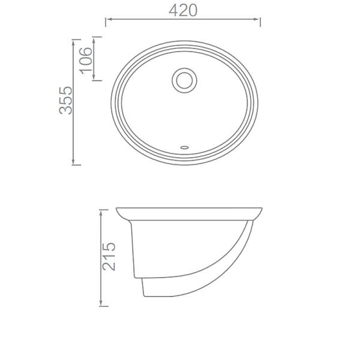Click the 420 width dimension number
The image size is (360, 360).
183,10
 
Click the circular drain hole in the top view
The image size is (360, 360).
184,80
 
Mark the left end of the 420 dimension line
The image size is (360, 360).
106,22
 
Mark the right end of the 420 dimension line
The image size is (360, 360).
260,22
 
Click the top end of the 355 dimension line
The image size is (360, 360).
73,40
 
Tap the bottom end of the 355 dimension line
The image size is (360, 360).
73,164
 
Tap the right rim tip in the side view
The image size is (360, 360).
262,209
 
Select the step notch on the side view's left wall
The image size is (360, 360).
141,278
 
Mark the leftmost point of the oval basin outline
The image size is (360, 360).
110,102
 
